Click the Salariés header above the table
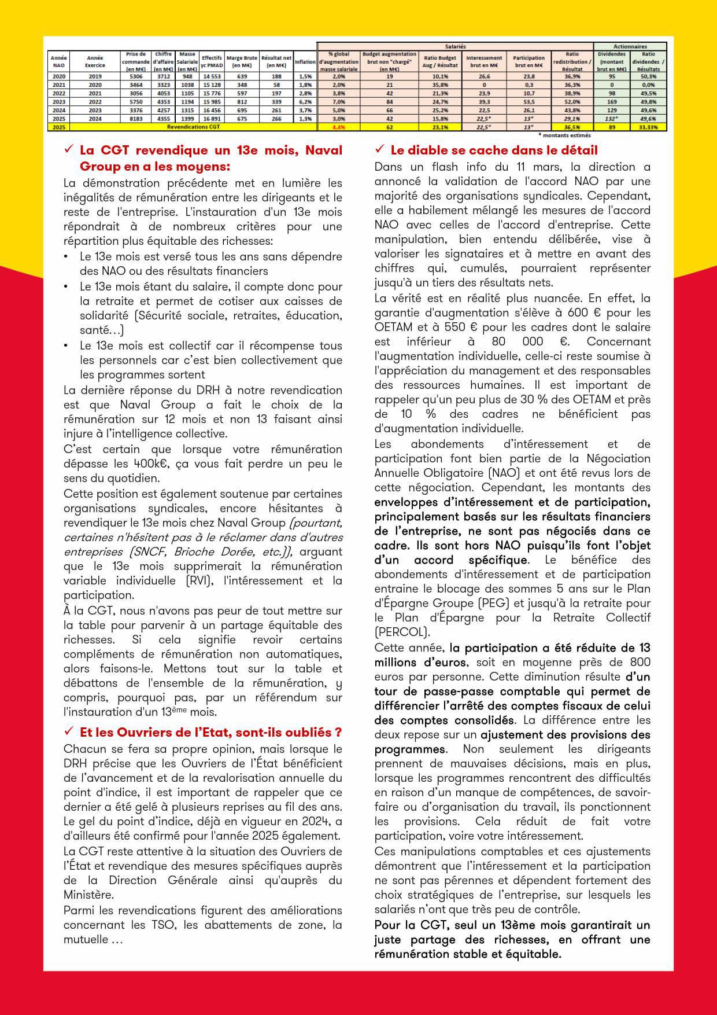[455, 46]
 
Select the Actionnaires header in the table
[630, 46]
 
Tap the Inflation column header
[305, 61]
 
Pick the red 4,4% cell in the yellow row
[339, 126]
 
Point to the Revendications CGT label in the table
[193, 126]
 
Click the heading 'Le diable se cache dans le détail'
[494, 150]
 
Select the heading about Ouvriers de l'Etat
[210, 733]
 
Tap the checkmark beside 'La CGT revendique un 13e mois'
[68, 150]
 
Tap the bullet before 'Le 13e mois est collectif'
[68, 346]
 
